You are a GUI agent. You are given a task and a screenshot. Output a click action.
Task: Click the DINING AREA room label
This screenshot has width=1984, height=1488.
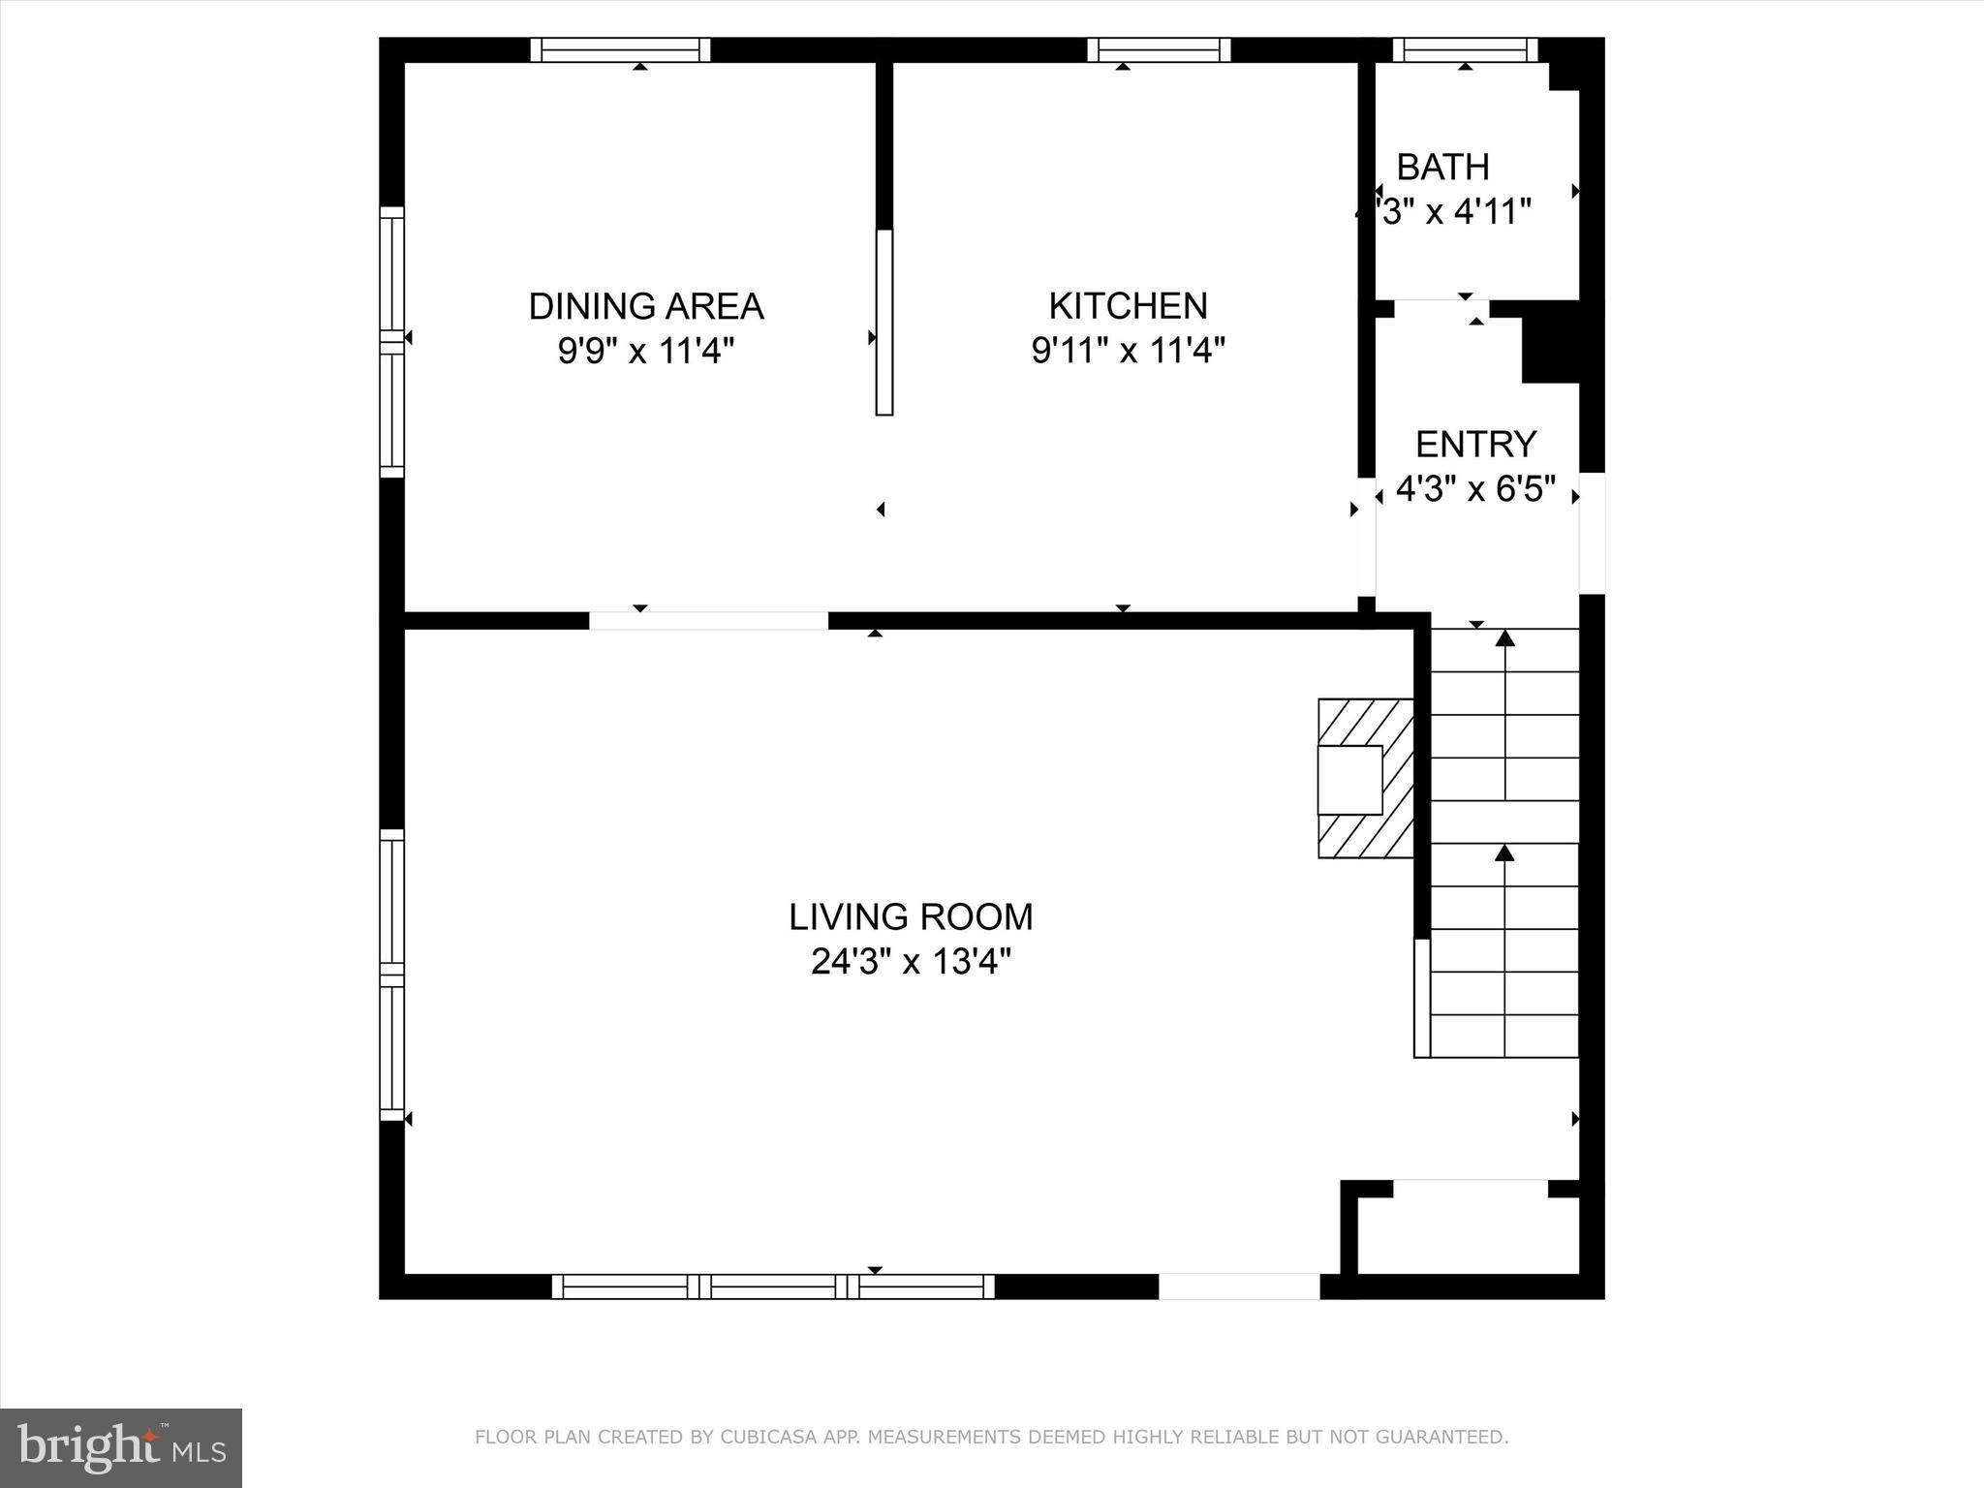(x=645, y=306)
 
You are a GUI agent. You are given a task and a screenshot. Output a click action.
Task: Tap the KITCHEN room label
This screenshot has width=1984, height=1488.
(x=1128, y=306)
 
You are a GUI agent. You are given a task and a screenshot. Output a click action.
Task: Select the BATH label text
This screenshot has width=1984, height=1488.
(x=1442, y=168)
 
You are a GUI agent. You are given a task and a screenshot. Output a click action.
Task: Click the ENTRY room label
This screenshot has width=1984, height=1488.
(x=1475, y=445)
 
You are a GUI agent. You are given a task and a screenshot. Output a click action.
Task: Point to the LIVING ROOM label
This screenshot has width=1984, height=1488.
(x=911, y=916)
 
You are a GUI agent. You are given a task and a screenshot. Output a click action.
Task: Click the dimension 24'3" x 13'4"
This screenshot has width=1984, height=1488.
(x=911, y=962)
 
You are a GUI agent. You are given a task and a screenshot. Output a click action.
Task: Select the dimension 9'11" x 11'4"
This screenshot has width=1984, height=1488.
(x=1128, y=351)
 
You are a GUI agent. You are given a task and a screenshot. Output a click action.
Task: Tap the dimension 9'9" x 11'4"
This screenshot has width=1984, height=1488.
(x=645, y=351)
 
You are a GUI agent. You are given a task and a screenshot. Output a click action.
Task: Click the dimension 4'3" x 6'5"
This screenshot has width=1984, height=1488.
(x=1475, y=489)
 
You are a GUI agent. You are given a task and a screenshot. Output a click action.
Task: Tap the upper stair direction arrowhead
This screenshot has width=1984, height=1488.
(x=1504, y=638)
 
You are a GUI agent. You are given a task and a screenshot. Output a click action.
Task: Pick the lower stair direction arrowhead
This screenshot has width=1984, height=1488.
(x=1504, y=853)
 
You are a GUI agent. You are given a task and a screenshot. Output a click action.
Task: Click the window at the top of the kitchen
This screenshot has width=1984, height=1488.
(x=1159, y=49)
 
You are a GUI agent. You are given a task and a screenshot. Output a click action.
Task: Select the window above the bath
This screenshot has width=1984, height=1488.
(x=1465, y=49)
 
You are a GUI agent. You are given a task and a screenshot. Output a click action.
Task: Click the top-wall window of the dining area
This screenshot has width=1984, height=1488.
(x=620, y=49)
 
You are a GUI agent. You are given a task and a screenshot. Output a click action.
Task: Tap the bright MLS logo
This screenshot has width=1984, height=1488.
(x=121, y=1447)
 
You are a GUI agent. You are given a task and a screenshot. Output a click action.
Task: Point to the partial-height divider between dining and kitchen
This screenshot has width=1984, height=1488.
(x=883, y=322)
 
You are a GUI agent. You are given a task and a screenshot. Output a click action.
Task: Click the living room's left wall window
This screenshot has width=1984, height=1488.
(x=391, y=974)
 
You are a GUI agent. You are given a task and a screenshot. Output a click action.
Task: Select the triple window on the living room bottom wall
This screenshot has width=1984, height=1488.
(x=773, y=1286)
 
